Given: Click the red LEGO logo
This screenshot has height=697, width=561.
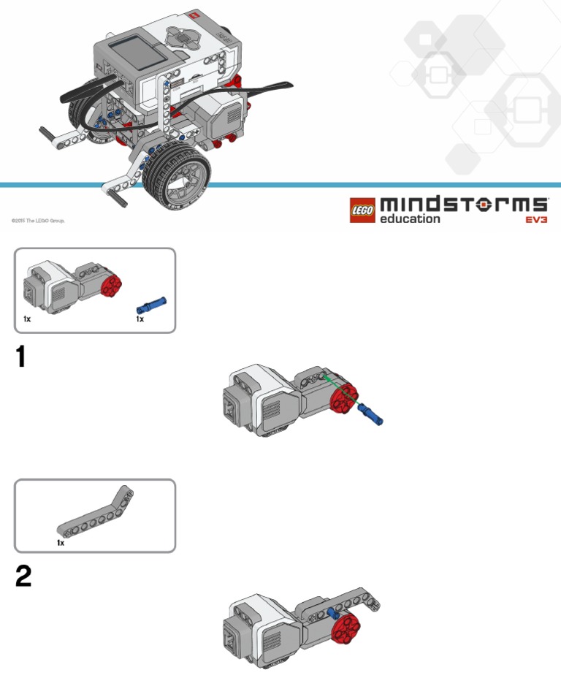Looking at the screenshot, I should pyautogui.click(x=362, y=210).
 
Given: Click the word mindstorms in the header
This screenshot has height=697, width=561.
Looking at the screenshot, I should pyautogui.click(x=463, y=204).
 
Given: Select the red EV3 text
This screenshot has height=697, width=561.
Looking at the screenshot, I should pyautogui.click(x=536, y=219).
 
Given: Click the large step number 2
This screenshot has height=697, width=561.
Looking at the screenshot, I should pyautogui.click(x=23, y=578).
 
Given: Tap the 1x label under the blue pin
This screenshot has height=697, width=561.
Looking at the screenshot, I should pyautogui.click(x=140, y=319).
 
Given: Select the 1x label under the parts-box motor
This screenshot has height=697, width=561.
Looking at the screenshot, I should pyautogui.click(x=27, y=319).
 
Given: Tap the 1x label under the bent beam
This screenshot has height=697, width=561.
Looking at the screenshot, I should pyautogui.click(x=61, y=544).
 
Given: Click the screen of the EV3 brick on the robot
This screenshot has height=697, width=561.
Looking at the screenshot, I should pyautogui.click(x=131, y=51).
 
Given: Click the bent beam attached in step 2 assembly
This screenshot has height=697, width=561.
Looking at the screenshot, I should pyautogui.click(x=351, y=601).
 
